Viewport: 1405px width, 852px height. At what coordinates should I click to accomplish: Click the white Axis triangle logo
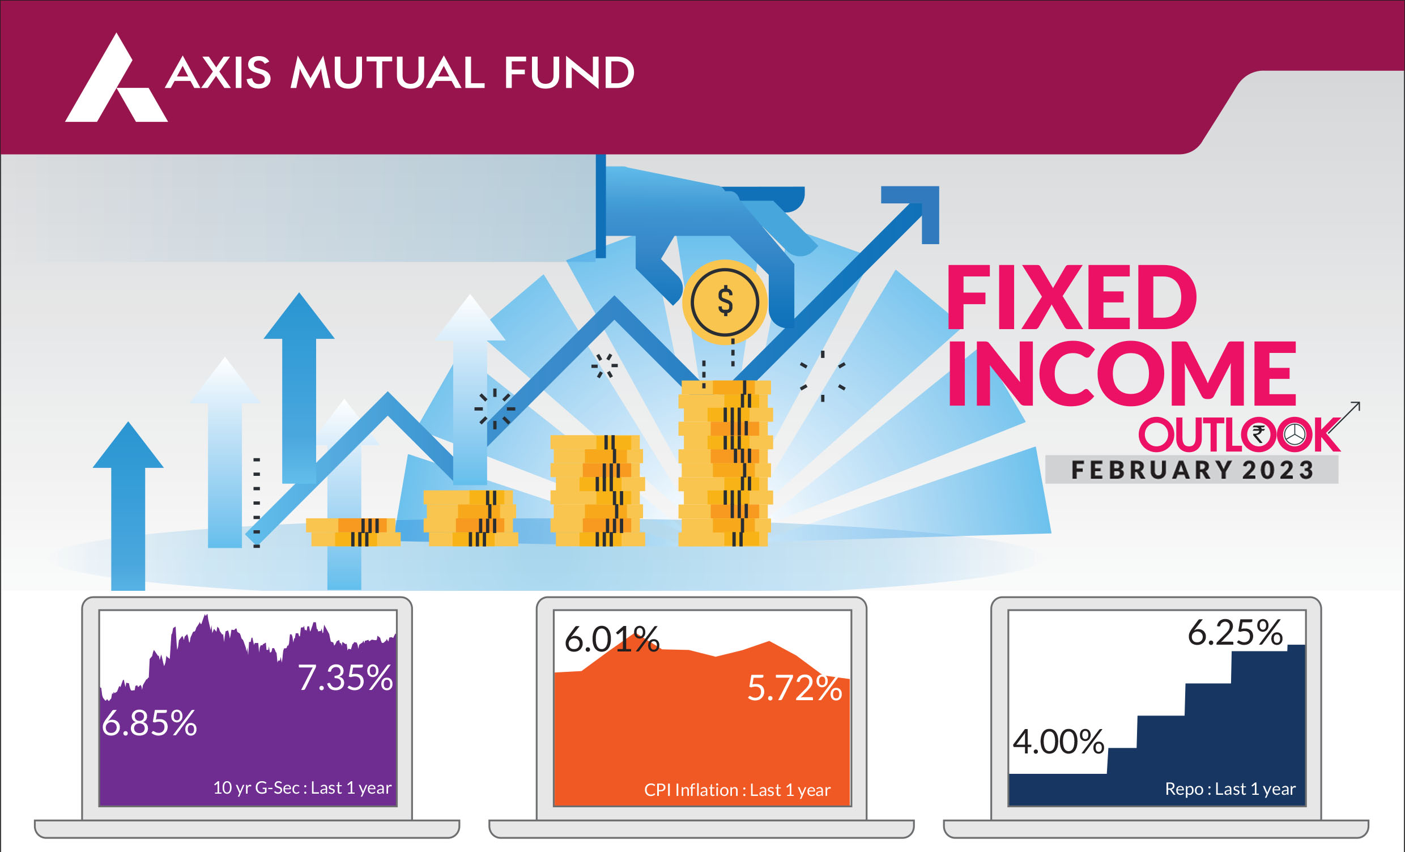coord(116,86)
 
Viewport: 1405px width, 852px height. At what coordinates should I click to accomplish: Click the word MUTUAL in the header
coord(387,73)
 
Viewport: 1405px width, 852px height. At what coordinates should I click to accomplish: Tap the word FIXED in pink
coord(1071,297)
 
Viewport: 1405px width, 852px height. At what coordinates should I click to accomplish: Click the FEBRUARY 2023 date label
coord(1193,470)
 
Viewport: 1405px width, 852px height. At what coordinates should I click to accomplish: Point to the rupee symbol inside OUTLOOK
coord(1258,434)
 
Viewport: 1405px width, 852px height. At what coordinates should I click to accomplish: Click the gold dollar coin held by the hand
coord(725,302)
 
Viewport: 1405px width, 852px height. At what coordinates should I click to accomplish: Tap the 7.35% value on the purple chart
coord(346,678)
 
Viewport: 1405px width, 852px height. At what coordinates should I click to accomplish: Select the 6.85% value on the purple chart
coord(150,723)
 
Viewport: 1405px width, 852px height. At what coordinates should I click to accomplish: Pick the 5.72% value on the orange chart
coord(795,688)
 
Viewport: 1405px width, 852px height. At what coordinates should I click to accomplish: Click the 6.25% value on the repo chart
coord(1235,632)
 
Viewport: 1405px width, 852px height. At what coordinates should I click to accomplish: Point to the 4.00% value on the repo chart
coord(1058,742)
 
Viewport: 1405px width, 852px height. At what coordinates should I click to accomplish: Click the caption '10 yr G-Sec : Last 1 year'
coord(302,788)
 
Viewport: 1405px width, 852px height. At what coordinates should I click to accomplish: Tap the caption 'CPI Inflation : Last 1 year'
coord(737,790)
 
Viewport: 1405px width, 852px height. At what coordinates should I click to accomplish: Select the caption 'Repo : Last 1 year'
coord(1231,789)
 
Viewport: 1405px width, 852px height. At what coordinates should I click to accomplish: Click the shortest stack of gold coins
coord(353,532)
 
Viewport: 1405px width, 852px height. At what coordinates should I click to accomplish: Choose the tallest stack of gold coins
coord(725,463)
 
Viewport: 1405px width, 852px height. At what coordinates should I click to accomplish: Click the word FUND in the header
coord(569,73)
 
